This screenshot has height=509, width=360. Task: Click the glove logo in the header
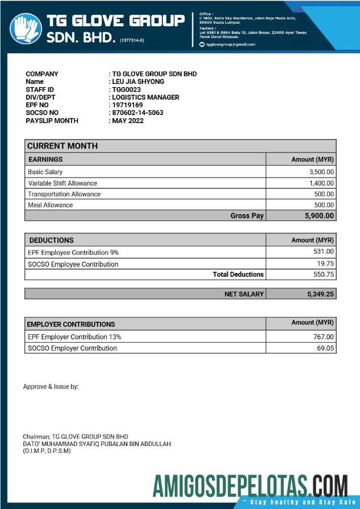25,28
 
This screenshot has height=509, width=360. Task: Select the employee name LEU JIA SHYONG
138,82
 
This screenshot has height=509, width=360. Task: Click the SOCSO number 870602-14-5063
137,113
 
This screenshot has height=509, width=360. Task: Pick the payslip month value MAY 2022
128,121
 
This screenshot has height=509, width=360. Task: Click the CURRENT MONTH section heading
62,146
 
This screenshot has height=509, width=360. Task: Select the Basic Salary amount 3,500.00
321,172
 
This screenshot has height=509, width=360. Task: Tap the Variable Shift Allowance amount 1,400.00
321,183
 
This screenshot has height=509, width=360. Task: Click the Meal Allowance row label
51,205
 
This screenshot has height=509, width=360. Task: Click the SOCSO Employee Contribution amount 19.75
326,264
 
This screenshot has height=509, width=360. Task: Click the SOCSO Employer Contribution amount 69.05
325,348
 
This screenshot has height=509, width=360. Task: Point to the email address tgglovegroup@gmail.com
231,44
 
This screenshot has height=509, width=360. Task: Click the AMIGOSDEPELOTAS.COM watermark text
250,486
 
